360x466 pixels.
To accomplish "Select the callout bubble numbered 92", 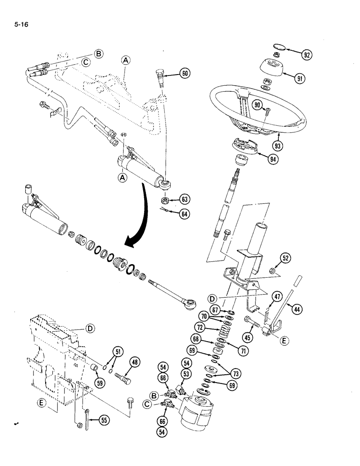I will (306, 55).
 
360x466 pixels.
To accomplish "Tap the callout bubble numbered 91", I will (299, 78).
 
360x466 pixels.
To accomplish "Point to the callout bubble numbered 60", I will (185, 73).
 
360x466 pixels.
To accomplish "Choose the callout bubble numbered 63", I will (185, 200).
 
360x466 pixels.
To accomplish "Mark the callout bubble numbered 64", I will (185, 214).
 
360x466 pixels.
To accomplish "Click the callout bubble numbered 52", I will (286, 258).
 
